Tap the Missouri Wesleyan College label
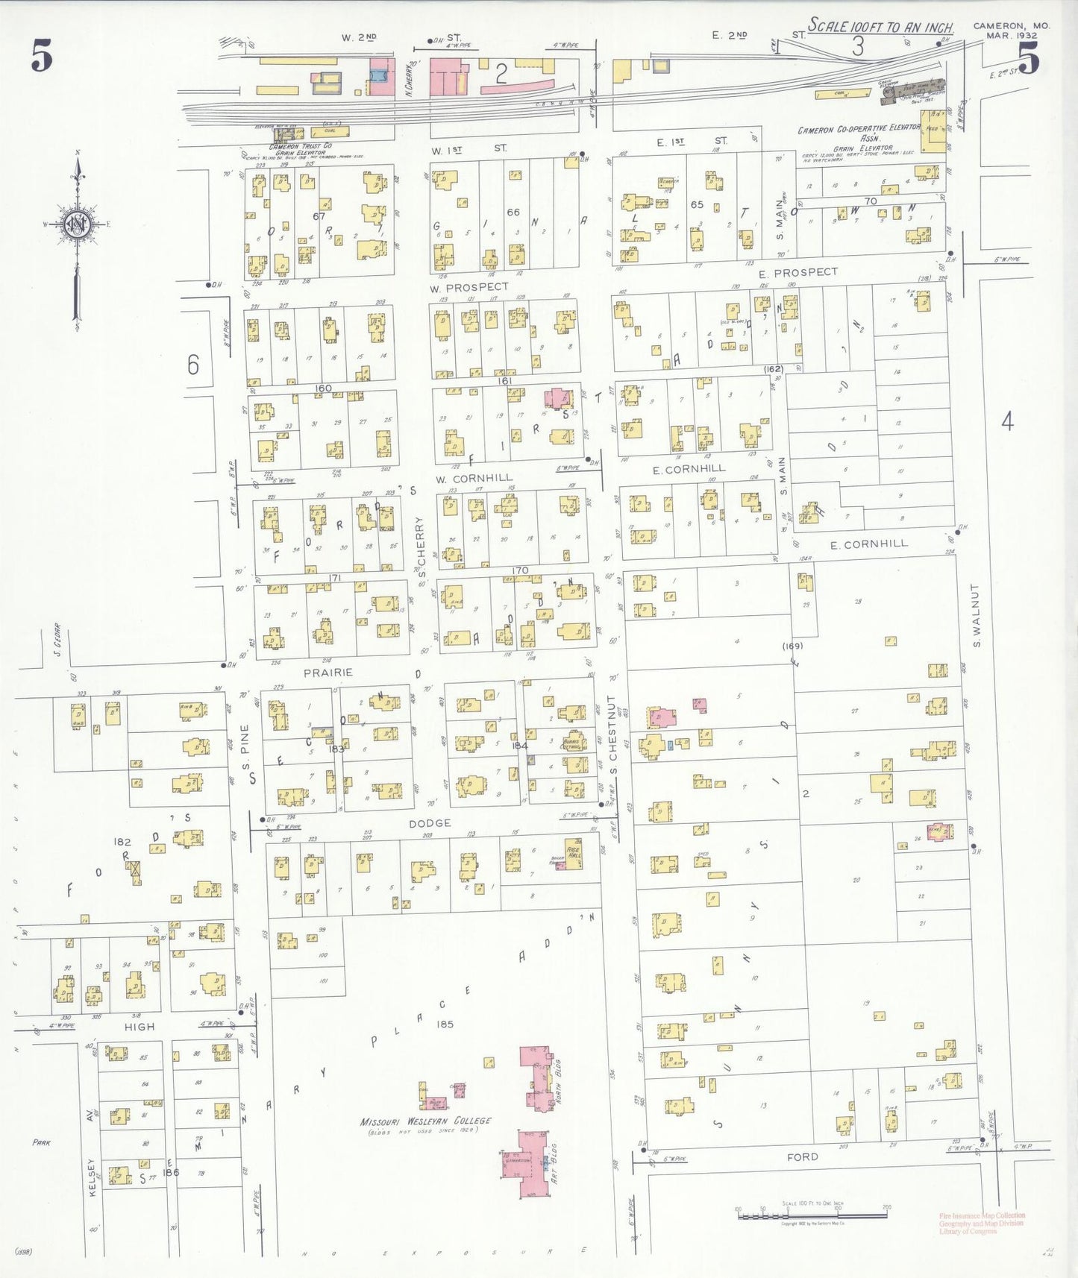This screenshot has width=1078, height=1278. [x=426, y=1121]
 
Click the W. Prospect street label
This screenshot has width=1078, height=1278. [x=469, y=287]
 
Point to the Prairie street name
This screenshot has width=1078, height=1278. [x=328, y=673]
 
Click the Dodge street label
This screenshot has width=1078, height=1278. [x=430, y=823]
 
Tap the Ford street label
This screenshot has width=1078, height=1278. [x=802, y=1157]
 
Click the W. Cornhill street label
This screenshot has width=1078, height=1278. [x=474, y=478]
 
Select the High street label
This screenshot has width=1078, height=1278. [x=140, y=1027]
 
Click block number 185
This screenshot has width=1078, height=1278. [x=445, y=1024]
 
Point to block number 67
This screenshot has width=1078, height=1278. [x=319, y=216]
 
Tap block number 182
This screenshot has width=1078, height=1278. [x=122, y=842]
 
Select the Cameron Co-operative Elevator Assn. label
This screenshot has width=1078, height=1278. [x=859, y=134]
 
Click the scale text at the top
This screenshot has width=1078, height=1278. [x=880, y=27]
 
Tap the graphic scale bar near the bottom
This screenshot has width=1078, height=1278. [x=813, y=1216]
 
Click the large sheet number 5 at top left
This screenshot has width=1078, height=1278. [x=42, y=57]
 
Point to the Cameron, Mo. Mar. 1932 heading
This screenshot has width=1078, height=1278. [x=1011, y=30]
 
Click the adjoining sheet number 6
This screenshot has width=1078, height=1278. [x=193, y=365]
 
